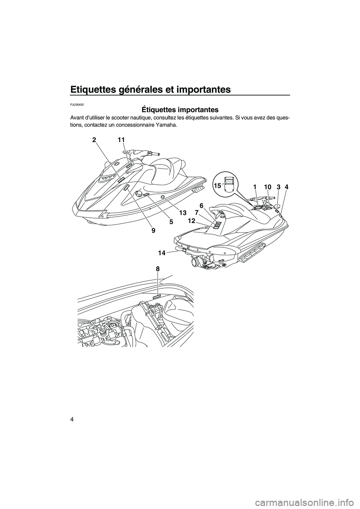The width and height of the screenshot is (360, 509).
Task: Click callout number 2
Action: pyautogui.click(x=93, y=140)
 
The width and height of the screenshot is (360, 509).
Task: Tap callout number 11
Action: pyautogui.click(x=121, y=140)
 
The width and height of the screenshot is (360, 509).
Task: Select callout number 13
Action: pyautogui.click(x=183, y=213)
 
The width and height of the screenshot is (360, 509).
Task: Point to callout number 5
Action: pyautogui.click(x=171, y=222)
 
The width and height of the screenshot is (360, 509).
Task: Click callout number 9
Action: pyautogui.click(x=153, y=231)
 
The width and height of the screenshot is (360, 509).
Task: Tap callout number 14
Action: pyautogui.click(x=162, y=253)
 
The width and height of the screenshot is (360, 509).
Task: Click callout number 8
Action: pyautogui.click(x=158, y=269)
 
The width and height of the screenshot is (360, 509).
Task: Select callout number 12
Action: pyautogui.click(x=191, y=221)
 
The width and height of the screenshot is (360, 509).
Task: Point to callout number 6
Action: pyautogui.click(x=201, y=205)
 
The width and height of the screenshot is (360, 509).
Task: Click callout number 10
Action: pyautogui.click(x=267, y=187)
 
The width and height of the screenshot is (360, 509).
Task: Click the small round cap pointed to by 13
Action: pyautogui.click(x=162, y=196)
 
